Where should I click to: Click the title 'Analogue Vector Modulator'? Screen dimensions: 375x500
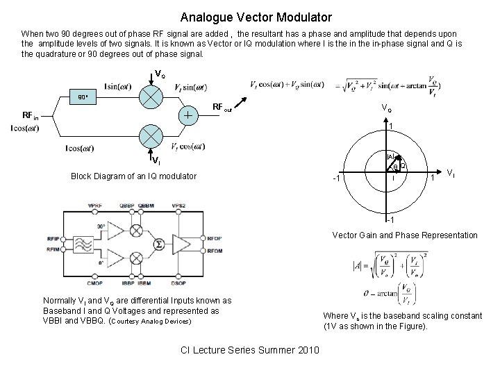point(256,17)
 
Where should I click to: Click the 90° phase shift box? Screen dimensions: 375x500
point(83,97)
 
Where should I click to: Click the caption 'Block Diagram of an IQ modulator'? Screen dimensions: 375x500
point(134,176)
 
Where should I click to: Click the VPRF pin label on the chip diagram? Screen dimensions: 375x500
point(95,206)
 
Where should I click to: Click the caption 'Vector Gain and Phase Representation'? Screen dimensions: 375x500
point(405,235)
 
